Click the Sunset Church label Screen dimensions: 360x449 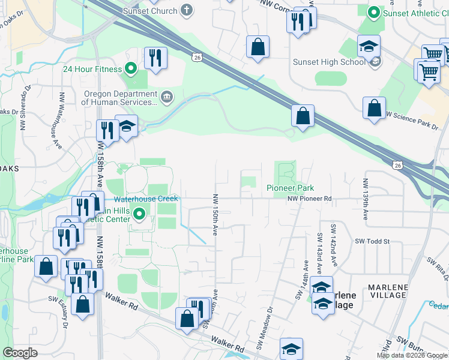pyautogui.click(x=150, y=11)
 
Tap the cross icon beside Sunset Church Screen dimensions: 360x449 pyautogui.click(x=188, y=10)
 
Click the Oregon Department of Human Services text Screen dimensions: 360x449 pyautogui.click(x=119, y=98)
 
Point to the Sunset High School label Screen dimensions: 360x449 pyautogui.click(x=328, y=62)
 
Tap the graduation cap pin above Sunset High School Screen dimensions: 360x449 pyautogui.click(x=369, y=46)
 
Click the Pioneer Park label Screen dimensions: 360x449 pyautogui.click(x=291, y=188)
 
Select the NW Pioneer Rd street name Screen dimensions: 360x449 pyautogui.click(x=309, y=199)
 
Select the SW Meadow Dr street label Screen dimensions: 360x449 pyautogui.click(x=264, y=329)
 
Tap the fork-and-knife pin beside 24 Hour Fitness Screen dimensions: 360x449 pyautogui.click(x=155, y=58)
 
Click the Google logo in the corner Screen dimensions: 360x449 pyautogui.click(x=20, y=353)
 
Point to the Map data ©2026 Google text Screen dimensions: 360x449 pyautogui.click(x=412, y=355)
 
